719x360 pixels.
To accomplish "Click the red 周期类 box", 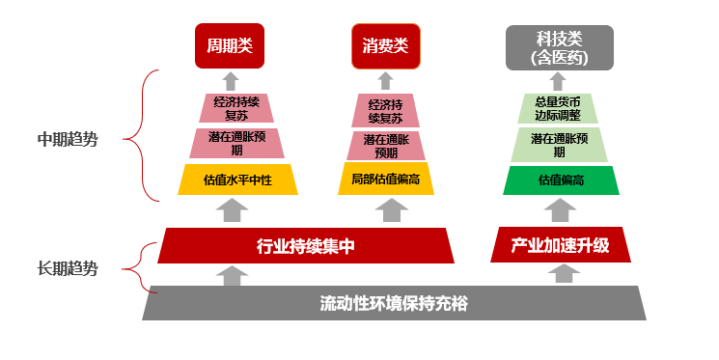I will click(x=230, y=46).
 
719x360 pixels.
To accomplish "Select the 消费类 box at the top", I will click(x=385, y=46).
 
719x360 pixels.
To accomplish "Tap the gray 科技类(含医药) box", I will click(x=560, y=47).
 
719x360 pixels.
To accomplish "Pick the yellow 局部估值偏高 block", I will click(x=386, y=180).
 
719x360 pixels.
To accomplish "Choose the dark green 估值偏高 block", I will click(x=561, y=180).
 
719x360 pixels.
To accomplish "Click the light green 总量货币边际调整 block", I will click(x=561, y=108).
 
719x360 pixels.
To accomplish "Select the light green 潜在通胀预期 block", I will click(x=561, y=144).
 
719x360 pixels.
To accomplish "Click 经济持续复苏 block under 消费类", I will click(x=386, y=108).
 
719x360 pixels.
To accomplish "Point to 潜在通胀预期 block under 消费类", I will click(x=386, y=146).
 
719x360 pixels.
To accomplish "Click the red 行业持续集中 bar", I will click(x=307, y=245).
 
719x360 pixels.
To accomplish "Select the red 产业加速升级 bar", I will click(x=561, y=245).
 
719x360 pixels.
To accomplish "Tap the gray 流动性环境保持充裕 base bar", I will click(x=394, y=303).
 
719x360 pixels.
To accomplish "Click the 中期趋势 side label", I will click(x=68, y=139).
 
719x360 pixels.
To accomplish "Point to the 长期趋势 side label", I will click(x=68, y=269).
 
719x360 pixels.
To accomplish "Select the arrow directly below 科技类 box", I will click(x=560, y=81).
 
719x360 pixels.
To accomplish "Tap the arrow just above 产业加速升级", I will click(x=560, y=212).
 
